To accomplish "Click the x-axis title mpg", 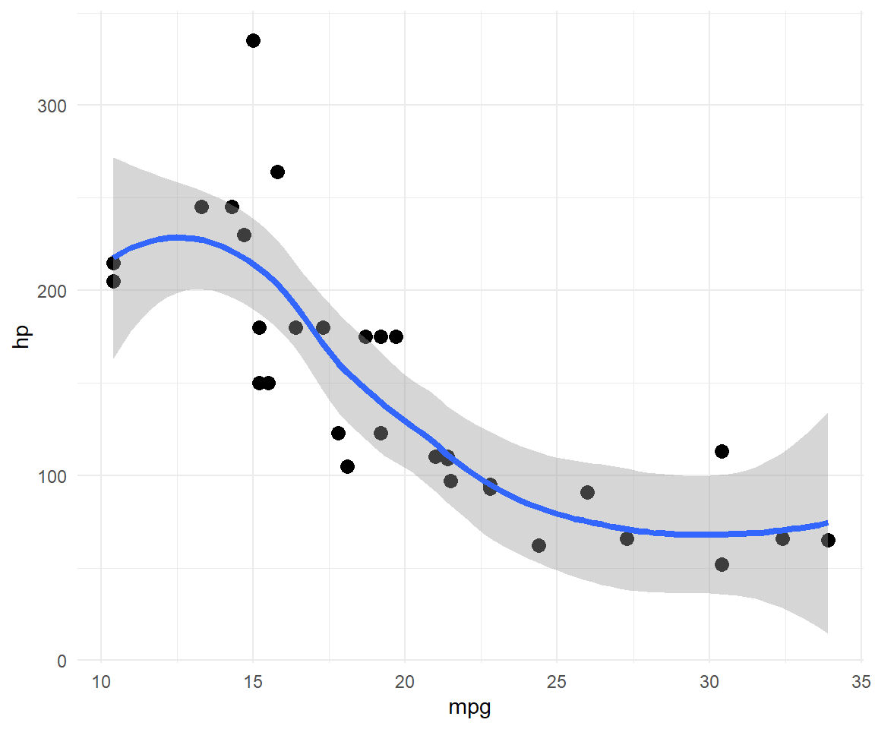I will [470, 708].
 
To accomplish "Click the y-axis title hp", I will [22, 336].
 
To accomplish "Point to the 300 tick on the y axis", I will [52, 106].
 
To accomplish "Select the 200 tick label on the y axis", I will [52, 291].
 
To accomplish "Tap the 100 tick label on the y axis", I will [52, 476].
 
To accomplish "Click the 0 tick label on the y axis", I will [62, 661].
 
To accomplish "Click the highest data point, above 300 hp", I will [253, 40].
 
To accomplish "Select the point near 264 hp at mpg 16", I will [277, 172].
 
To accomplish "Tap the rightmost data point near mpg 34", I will [828, 540].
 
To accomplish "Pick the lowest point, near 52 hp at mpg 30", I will [722, 564].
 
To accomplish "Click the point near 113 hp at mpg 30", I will [722, 451].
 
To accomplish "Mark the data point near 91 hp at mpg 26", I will [587, 492].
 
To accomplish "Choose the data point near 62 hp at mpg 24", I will [539, 545].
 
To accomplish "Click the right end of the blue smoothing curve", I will [827, 522].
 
